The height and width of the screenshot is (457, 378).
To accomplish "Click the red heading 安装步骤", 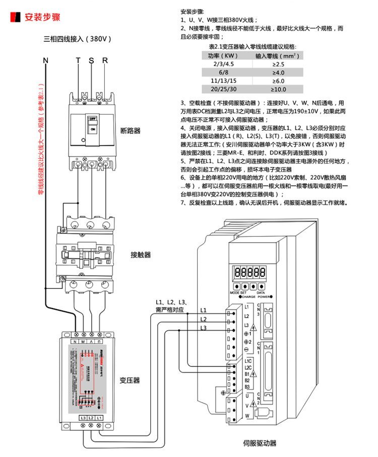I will click(42, 17).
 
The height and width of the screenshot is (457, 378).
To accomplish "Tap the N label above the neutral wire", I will click(45, 60).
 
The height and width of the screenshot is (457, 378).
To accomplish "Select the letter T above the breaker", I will click(78, 60).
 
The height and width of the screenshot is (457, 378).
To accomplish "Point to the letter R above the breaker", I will click(105, 60).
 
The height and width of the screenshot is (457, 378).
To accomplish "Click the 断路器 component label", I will click(131, 131).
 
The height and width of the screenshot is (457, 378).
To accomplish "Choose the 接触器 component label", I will click(140, 255).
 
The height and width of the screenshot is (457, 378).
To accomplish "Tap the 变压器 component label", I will click(130, 380).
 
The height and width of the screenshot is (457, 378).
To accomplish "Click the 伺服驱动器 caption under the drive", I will click(260, 443).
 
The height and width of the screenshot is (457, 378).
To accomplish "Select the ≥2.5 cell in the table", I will click(278, 64).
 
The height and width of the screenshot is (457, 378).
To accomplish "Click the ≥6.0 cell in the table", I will click(278, 81).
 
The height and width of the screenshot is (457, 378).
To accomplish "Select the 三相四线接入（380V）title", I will click(77, 39).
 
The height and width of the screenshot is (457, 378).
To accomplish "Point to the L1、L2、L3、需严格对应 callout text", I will click(171, 306).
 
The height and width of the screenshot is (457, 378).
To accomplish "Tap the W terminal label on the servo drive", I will click(247, 415).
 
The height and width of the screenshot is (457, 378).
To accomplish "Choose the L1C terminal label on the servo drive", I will click(247, 361).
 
